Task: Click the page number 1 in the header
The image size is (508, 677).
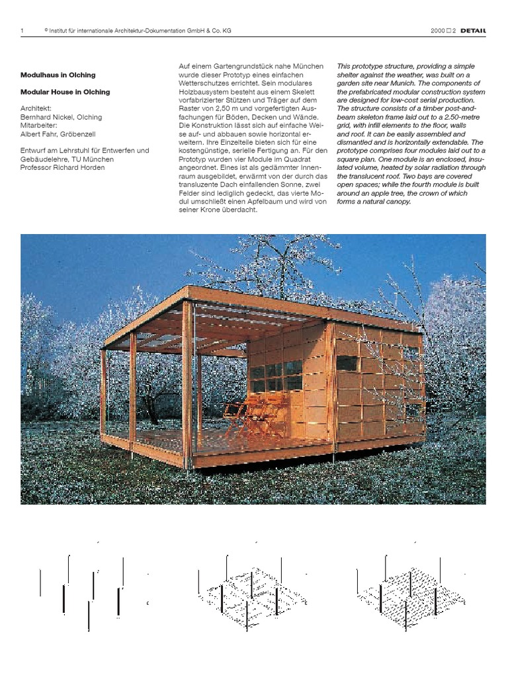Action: [x=22, y=30]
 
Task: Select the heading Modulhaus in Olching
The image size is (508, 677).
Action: [x=58, y=75]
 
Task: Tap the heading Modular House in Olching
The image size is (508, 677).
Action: [x=65, y=92]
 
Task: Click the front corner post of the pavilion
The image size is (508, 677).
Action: [x=189, y=383]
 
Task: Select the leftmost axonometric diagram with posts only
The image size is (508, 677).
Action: [x=93, y=588]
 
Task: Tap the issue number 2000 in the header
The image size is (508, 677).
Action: [x=437, y=30]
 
